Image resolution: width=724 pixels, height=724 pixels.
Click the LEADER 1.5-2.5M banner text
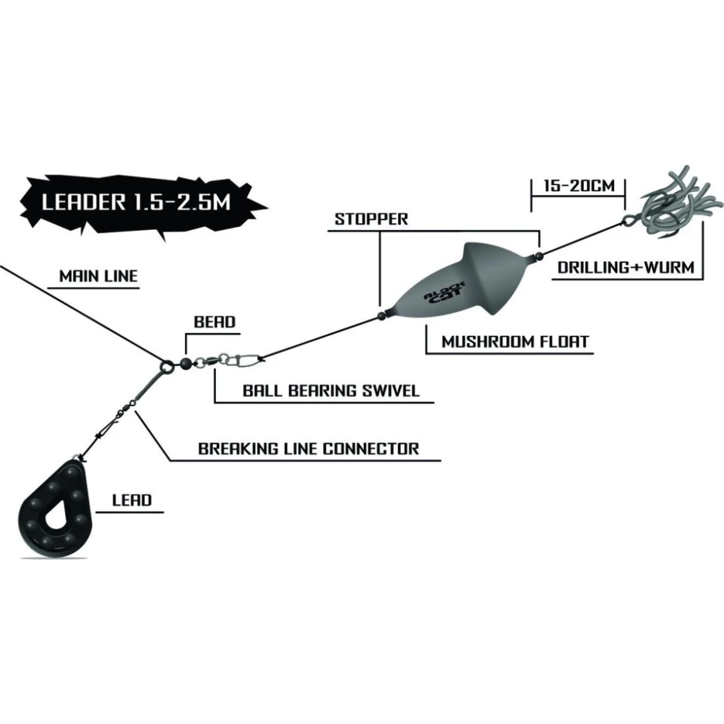(x=136, y=202)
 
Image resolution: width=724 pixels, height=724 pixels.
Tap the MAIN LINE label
(x=98, y=276)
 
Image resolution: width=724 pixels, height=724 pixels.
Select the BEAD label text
(x=215, y=322)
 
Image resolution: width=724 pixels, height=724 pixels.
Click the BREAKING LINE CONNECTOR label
(x=308, y=448)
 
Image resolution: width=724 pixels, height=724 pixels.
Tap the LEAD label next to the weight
(x=132, y=500)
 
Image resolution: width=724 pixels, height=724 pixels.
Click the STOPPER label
(x=371, y=219)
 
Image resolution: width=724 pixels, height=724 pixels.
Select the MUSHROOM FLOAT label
(x=515, y=342)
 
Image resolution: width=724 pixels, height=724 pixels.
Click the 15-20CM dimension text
(x=579, y=186)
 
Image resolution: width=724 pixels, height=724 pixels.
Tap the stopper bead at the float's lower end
(x=381, y=314)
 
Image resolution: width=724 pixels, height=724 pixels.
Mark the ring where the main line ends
(x=166, y=365)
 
